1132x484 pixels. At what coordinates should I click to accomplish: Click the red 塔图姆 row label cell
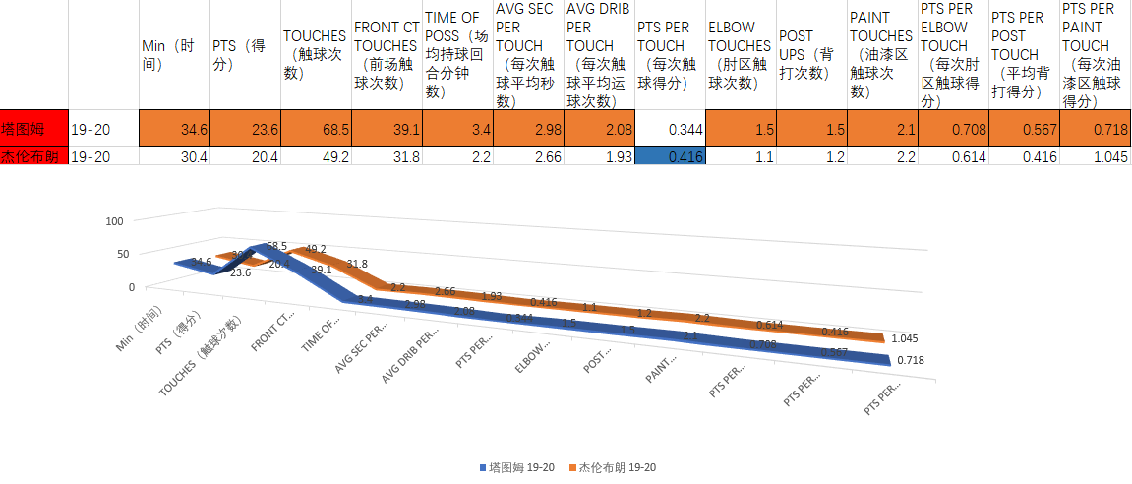pos(34,128)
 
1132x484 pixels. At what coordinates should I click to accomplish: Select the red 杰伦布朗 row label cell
pos(34,156)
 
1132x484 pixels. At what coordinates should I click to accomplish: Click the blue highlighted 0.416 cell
pos(669,156)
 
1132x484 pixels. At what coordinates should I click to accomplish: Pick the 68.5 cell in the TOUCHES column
pos(316,128)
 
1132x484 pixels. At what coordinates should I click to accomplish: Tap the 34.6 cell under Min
pos(174,128)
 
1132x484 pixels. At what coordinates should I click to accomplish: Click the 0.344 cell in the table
pos(669,128)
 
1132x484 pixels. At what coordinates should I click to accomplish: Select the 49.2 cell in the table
pos(316,156)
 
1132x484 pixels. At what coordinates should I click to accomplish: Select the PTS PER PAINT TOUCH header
pos(1093,55)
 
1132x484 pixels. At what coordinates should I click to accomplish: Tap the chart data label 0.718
pos(910,361)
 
